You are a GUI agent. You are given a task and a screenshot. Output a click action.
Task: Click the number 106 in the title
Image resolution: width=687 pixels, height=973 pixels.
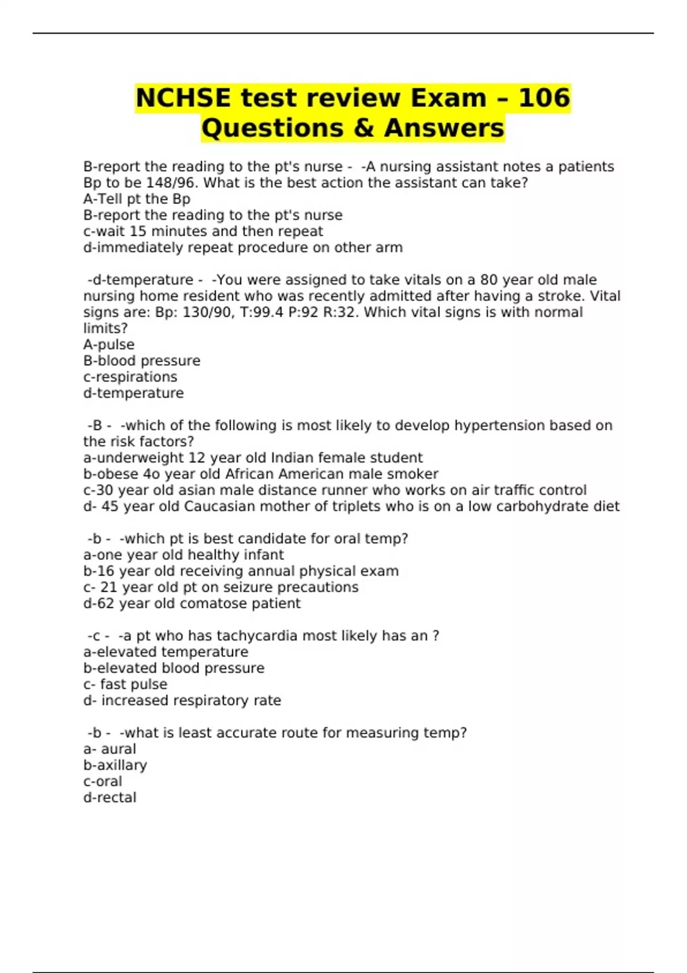point(544,97)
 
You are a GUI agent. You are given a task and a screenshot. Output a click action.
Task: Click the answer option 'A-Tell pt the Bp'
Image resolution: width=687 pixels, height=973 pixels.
point(137,199)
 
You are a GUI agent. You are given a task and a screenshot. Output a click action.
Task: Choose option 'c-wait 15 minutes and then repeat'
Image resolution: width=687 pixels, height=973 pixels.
point(203,231)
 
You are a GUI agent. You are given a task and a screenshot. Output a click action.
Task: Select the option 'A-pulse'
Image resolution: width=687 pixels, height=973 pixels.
point(109,345)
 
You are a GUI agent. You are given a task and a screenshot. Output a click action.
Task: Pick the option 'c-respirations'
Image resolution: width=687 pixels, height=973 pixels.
point(130,377)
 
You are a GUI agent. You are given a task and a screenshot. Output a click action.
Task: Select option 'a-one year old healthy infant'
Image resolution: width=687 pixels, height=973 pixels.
point(183,555)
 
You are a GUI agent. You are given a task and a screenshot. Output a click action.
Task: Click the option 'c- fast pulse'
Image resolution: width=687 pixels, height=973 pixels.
point(125,685)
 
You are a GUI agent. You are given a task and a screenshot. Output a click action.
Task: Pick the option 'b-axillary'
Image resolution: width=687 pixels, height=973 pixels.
point(115,765)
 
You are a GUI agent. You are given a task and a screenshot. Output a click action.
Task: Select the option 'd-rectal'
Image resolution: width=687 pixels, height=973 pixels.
point(110,798)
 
